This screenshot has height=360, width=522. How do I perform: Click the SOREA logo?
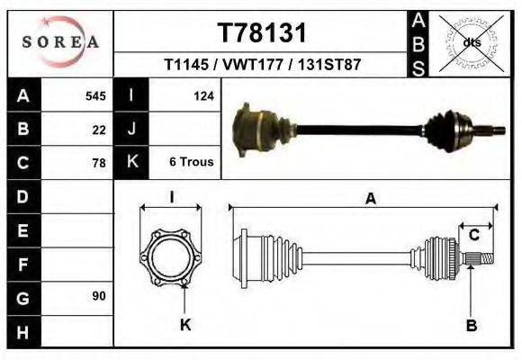[60, 41]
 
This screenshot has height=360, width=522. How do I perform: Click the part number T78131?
[262, 33]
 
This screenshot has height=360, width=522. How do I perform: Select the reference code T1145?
[185, 66]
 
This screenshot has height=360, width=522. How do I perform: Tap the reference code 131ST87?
[331, 66]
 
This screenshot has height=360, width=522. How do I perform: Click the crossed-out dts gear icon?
[470, 41]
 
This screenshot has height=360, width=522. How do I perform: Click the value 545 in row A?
[95, 96]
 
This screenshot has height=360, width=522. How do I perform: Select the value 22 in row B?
[99, 130]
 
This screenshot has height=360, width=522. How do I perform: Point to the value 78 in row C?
[99, 163]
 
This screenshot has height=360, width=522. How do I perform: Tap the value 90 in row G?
[99, 296]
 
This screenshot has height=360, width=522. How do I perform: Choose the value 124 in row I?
[203, 96]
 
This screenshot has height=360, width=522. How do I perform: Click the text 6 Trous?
[191, 162]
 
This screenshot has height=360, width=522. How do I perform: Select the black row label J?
[131, 129]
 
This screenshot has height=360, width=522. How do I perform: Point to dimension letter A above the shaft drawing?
[370, 200]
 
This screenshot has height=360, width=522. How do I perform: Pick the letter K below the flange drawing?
[185, 325]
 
